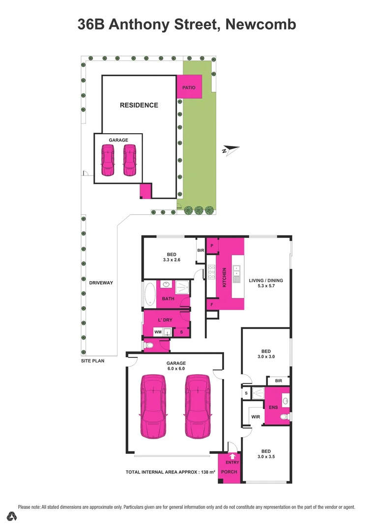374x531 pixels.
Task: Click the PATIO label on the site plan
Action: click(x=189, y=88)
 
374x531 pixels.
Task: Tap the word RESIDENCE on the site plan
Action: click(x=139, y=105)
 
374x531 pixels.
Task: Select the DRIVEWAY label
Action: click(x=101, y=283)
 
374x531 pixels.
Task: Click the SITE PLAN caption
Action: click(x=92, y=360)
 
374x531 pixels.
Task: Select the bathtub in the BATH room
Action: click(x=149, y=294)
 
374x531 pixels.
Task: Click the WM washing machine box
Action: click(x=158, y=332)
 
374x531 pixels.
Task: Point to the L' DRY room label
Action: click(x=165, y=320)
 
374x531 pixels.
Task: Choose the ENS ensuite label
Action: click(x=273, y=408)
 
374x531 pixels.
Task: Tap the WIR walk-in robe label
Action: click(x=256, y=416)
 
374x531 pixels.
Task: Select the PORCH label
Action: click(x=230, y=472)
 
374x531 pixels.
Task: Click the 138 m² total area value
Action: click(x=207, y=472)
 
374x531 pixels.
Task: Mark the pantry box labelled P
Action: click(x=212, y=245)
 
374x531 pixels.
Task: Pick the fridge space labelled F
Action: click(x=212, y=305)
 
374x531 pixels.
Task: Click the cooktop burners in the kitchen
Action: click(x=212, y=272)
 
